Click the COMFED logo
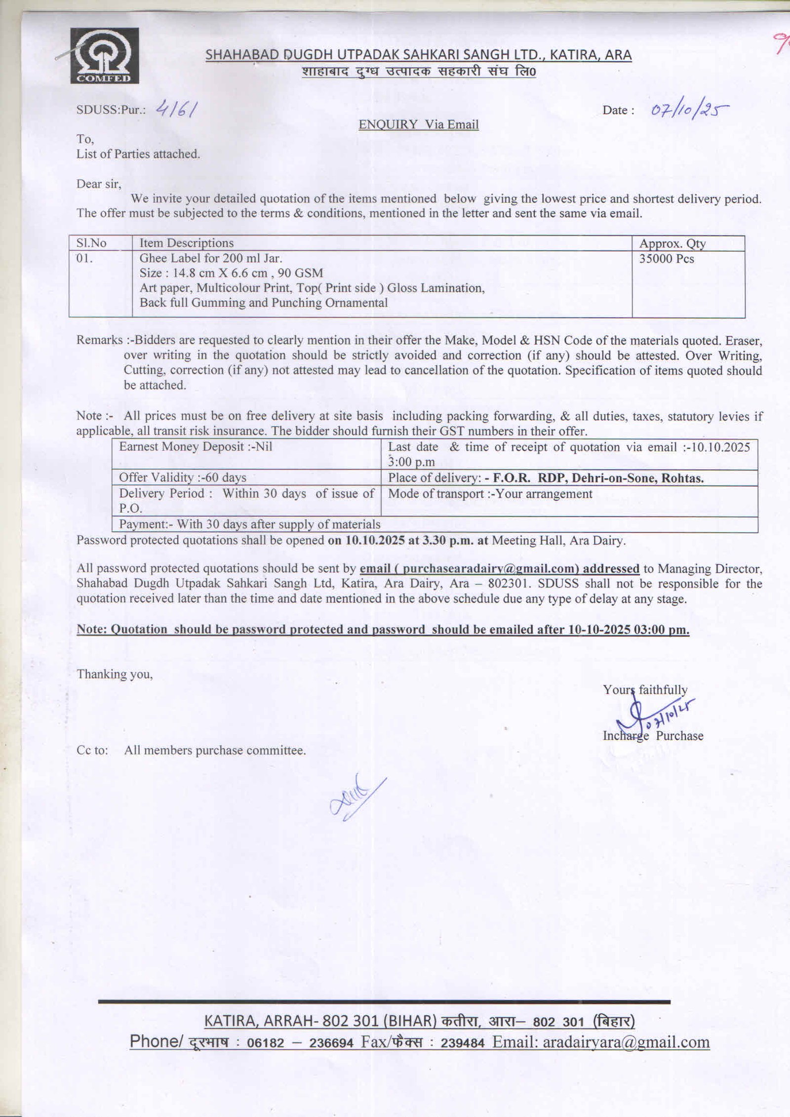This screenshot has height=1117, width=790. click(x=104, y=55)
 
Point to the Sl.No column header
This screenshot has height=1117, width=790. click(x=91, y=243)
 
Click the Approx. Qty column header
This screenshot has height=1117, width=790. click(x=672, y=243)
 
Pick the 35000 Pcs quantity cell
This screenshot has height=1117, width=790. click(x=666, y=259)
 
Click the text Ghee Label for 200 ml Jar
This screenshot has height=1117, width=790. click(x=211, y=258)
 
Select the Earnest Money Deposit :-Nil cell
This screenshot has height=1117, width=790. click(x=195, y=446)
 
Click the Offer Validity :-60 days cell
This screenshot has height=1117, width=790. click(x=183, y=477)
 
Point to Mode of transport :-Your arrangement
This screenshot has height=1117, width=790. click(x=490, y=493)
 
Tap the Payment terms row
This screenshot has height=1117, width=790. click(x=250, y=524)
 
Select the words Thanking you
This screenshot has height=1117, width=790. click(x=115, y=674)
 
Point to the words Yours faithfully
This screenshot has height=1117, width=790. click(x=645, y=689)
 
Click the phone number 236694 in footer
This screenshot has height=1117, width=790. click(x=331, y=1042)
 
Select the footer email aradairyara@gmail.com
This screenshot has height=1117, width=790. click(x=626, y=1041)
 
